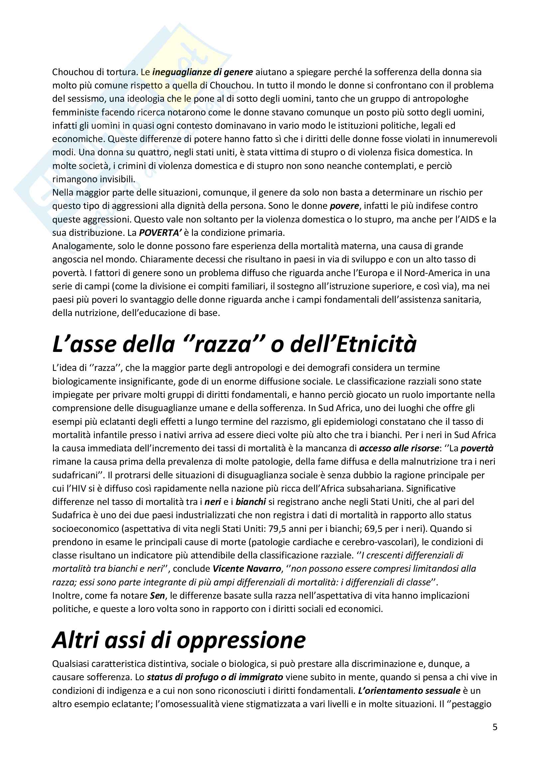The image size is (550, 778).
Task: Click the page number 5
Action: pyautogui.click(x=495, y=727)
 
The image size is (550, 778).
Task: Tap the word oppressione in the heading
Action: pyautogui.click(x=241, y=640)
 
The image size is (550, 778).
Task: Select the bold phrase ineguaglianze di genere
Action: pyautogui.click(x=203, y=72)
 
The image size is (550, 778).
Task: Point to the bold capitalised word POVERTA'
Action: pyautogui.click(x=160, y=233)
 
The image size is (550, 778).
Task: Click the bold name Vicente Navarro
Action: pyautogui.click(x=247, y=568)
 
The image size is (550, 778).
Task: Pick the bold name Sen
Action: pyautogui.click(x=158, y=595)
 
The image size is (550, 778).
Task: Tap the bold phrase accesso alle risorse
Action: pyautogui.click(x=399, y=448)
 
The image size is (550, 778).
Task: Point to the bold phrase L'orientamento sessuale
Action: pyautogui.click(x=409, y=691)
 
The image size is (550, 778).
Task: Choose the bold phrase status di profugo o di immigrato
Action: pyautogui.click(x=215, y=677)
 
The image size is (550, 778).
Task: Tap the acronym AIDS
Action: pyautogui.click(x=469, y=219)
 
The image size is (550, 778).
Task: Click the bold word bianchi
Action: pyautogui.click(x=251, y=502)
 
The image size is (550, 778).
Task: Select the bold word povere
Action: pyautogui.click(x=344, y=206)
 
